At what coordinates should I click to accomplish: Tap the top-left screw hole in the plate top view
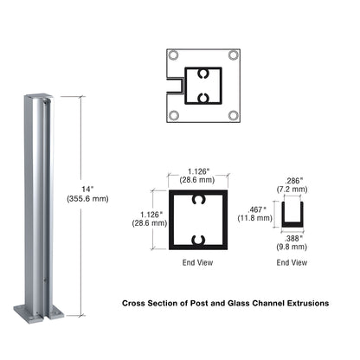click(174, 55)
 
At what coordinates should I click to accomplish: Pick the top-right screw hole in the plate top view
click(233, 55)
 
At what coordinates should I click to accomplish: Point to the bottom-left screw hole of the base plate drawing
click(174, 114)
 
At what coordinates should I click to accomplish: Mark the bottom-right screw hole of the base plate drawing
click(233, 114)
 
